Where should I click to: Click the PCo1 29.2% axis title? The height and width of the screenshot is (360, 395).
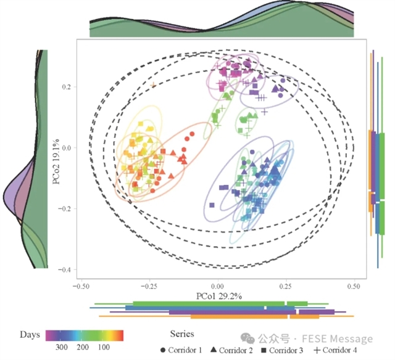pos(219,296)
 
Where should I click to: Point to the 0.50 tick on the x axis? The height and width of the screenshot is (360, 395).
pos(354,287)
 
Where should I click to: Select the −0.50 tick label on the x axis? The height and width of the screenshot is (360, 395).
pos(81,287)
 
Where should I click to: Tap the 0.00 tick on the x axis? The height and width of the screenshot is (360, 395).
pos(218,287)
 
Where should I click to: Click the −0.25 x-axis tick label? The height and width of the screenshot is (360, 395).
pos(149,287)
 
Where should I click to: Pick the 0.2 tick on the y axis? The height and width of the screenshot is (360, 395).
pos(69,87)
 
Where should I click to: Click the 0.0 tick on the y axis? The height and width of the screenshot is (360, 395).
pos(69,148)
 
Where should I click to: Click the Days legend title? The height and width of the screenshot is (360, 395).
pos(30,334)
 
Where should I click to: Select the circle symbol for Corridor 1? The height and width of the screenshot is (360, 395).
pos(163,350)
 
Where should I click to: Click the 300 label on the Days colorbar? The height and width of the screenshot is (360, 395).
pos(62,348)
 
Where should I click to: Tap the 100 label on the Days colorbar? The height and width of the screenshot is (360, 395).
pos(104,348)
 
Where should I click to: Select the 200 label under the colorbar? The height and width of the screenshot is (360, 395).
pos(83,348)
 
